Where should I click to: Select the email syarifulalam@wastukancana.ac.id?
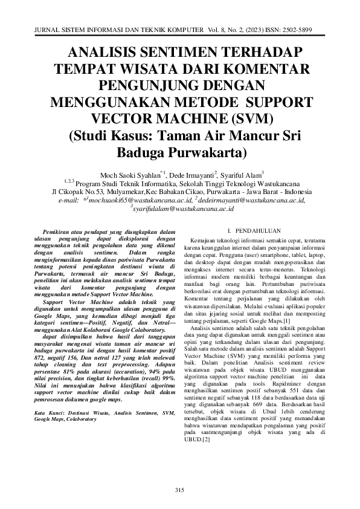click(x=184, y=208)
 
